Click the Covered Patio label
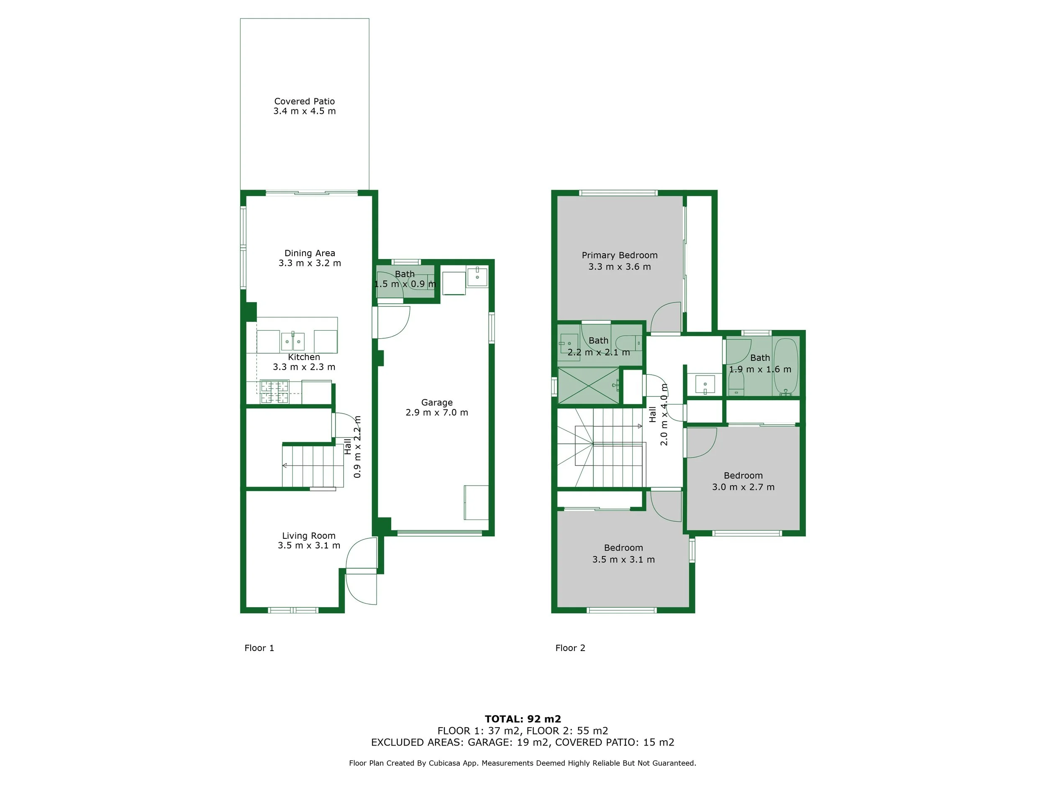(x=304, y=101)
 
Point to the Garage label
(x=436, y=403)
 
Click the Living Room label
(x=308, y=535)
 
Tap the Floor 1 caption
(x=259, y=648)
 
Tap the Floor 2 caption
(x=570, y=648)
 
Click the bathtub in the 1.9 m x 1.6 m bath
(x=785, y=367)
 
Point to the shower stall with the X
(x=588, y=386)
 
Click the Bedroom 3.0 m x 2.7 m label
(x=743, y=476)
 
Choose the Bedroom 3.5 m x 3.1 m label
(x=623, y=548)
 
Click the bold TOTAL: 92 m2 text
(x=523, y=719)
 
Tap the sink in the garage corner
(x=477, y=276)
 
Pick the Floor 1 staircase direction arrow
(x=285, y=466)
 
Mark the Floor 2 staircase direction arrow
(x=639, y=426)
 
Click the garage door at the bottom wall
(x=439, y=533)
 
